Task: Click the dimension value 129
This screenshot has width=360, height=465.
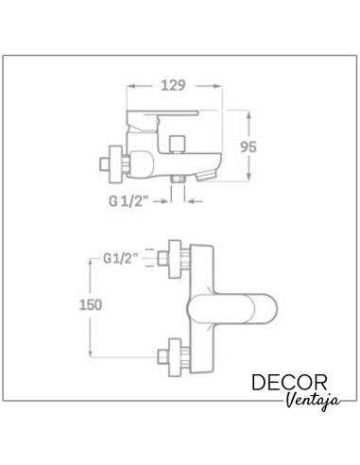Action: (x=173, y=86)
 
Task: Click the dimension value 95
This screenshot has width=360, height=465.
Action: (x=249, y=147)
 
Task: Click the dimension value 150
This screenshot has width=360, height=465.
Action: (x=91, y=305)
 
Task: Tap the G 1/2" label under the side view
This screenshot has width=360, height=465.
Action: (x=129, y=201)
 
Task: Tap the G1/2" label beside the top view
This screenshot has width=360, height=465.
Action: (x=121, y=259)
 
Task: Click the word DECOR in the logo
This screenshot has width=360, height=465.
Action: (x=289, y=383)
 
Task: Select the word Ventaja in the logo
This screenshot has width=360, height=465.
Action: (x=314, y=400)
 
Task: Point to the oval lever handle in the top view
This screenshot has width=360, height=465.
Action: (x=232, y=308)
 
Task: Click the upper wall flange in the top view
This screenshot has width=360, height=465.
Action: (x=175, y=259)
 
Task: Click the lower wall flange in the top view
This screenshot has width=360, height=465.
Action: (x=175, y=357)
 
